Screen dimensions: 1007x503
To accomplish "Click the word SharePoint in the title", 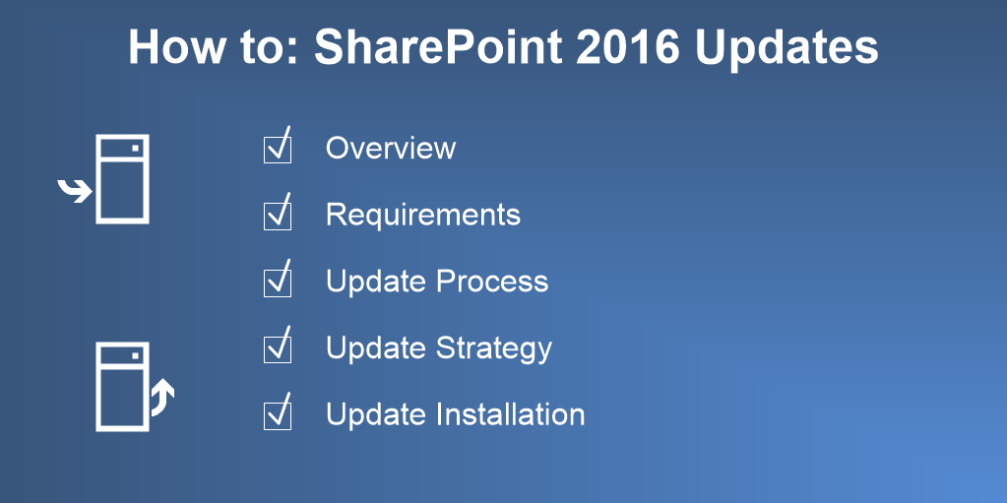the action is (438, 46).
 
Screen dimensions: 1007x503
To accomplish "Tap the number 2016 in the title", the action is (627, 46).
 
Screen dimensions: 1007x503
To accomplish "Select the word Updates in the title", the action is (787, 48).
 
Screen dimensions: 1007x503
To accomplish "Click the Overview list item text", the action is (391, 148).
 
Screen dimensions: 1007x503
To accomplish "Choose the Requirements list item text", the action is (423, 215).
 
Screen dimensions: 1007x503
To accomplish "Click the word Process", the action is (492, 282).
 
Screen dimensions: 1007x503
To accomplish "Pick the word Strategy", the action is (494, 348).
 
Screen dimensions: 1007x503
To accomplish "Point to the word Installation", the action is (511, 414).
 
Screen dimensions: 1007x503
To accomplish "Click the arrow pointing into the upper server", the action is (75, 191).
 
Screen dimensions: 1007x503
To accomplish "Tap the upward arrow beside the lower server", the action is (163, 398).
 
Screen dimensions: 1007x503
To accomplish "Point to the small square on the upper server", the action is (136, 149).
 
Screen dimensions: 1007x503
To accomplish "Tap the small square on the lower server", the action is (136, 356).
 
